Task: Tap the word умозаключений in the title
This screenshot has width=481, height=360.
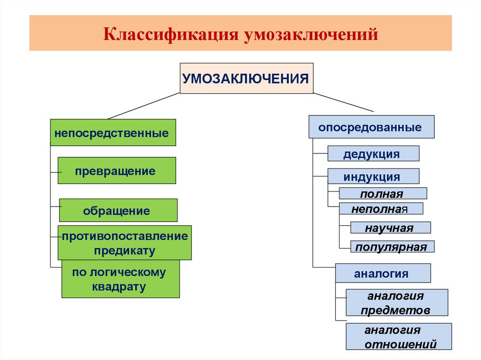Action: pyautogui.click(x=310, y=34)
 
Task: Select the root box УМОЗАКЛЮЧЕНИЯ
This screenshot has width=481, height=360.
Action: pyautogui.click(x=246, y=78)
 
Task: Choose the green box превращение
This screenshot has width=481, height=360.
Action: pyautogui.click(x=116, y=170)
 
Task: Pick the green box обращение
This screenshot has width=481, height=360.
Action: pyautogui.click(x=118, y=210)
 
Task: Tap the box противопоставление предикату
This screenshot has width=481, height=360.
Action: pyautogui.click(x=124, y=243)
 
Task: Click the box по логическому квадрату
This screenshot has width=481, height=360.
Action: pyautogui.click(x=120, y=279)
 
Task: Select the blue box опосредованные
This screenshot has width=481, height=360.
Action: pyautogui.click(x=371, y=127)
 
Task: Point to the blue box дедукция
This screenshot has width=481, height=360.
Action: pyautogui.click(x=373, y=154)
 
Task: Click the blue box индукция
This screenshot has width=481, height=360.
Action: pyautogui.click(x=373, y=176)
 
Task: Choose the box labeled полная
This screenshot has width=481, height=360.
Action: pyautogui.click(x=383, y=193)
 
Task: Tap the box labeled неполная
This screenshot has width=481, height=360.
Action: pyautogui.click(x=381, y=208)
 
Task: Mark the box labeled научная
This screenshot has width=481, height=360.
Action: pyautogui.click(x=390, y=228)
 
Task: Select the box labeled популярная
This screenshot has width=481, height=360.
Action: pyautogui.click(x=392, y=247)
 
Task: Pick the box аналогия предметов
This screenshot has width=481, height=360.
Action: pyautogui.click(x=396, y=303)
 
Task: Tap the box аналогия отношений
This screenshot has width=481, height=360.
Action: pyautogui.click(x=398, y=337)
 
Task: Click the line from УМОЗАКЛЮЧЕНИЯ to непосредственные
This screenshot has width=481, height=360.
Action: pyautogui.click(x=144, y=106)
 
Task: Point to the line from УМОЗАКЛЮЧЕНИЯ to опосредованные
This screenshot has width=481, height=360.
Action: pyautogui.click(x=343, y=102)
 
